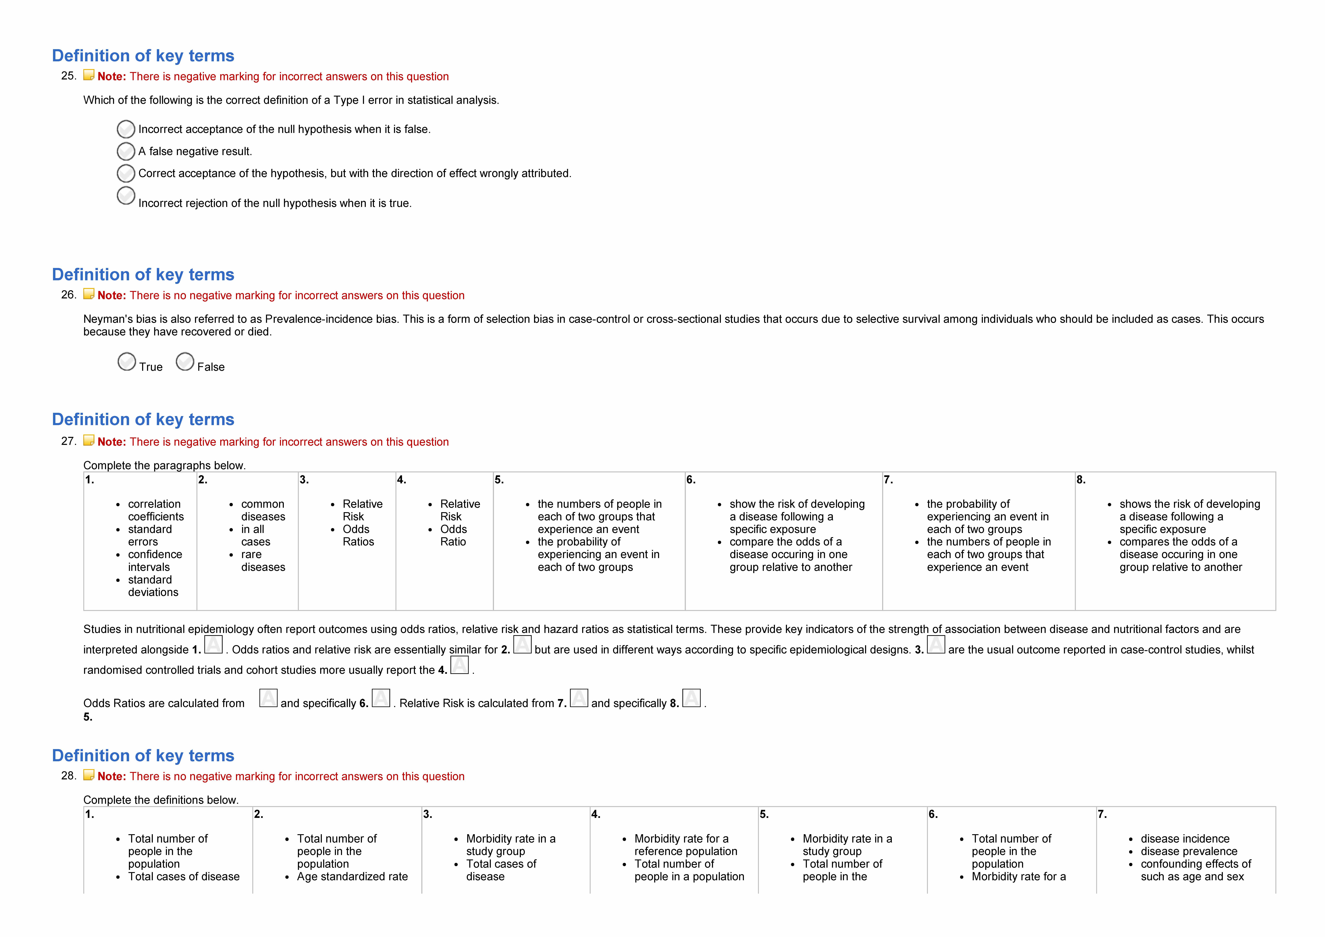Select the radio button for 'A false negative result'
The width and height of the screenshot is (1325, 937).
tap(126, 151)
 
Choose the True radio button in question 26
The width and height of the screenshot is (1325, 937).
tap(126, 362)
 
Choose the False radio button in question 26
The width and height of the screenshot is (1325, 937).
tap(185, 362)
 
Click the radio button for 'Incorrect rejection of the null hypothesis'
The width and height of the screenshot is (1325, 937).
tap(126, 196)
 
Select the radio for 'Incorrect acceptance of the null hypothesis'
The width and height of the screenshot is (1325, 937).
tap(126, 129)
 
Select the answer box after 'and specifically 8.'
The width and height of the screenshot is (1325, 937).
tap(691, 698)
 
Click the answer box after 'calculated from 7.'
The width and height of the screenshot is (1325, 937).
tap(579, 698)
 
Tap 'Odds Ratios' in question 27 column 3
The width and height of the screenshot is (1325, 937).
tap(358, 535)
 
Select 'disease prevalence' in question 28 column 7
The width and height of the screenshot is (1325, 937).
tap(1189, 851)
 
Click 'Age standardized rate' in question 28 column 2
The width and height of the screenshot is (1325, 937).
tap(352, 876)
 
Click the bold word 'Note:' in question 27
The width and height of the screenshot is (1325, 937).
tap(111, 442)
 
